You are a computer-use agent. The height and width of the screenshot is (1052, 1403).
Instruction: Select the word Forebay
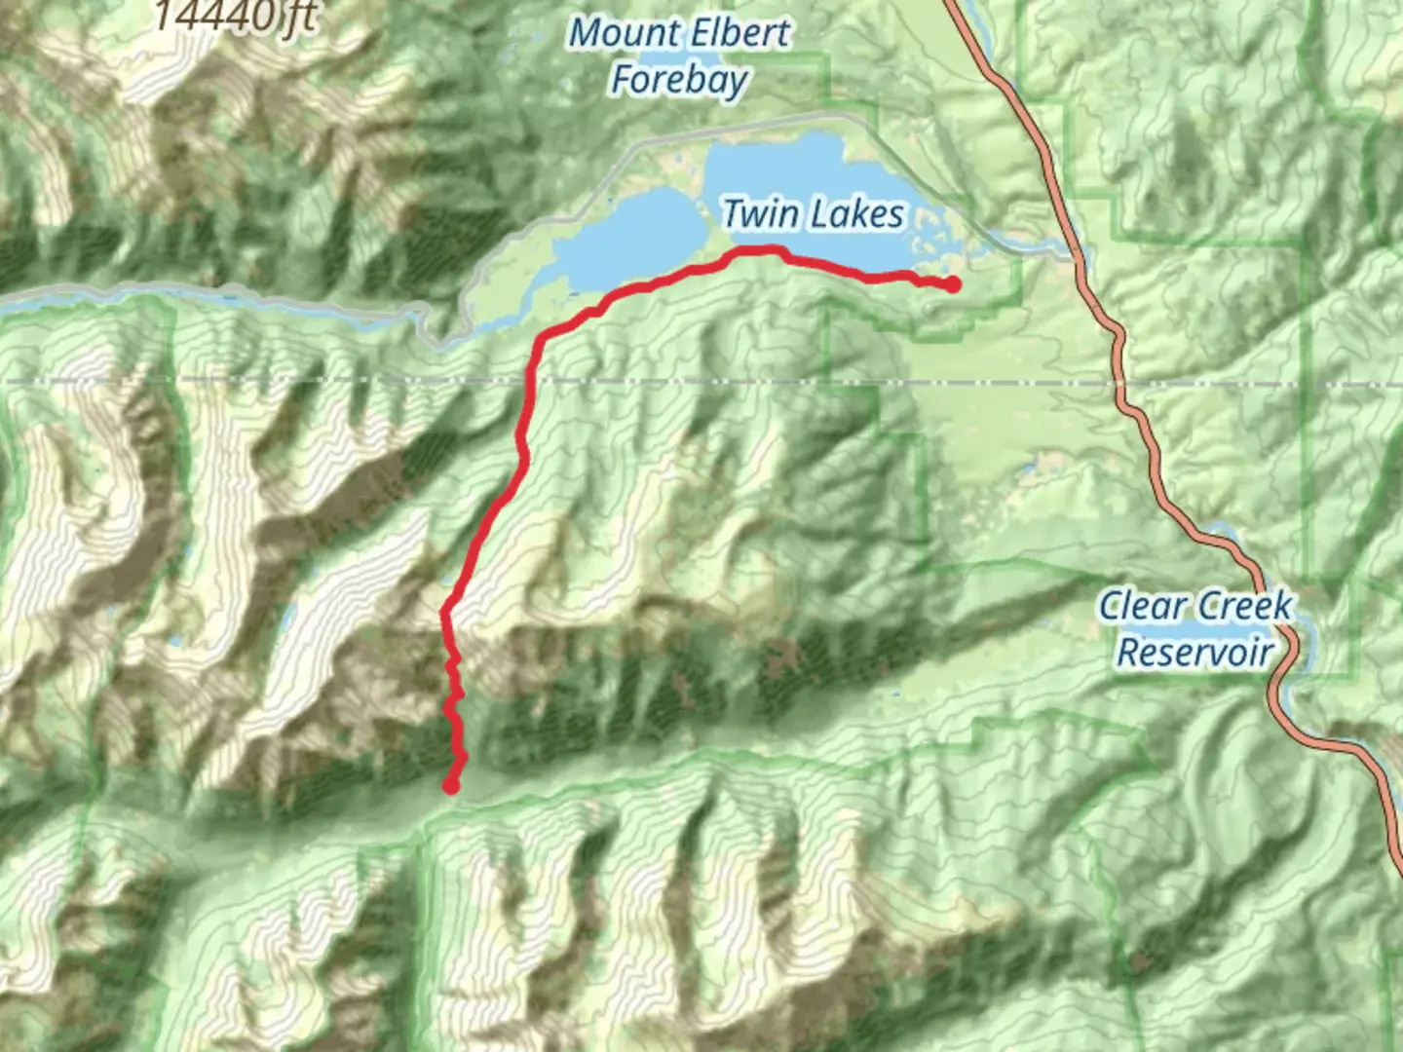(679, 80)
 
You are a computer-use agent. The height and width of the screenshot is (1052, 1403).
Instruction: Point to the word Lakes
(855, 213)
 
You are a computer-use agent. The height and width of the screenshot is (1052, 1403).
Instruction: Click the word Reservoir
(1195, 652)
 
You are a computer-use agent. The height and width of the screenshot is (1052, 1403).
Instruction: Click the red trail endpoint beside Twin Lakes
(952, 284)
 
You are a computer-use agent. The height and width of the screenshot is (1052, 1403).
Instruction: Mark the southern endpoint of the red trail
(451, 785)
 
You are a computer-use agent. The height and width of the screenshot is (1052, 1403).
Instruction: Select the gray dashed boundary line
(292, 381)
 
